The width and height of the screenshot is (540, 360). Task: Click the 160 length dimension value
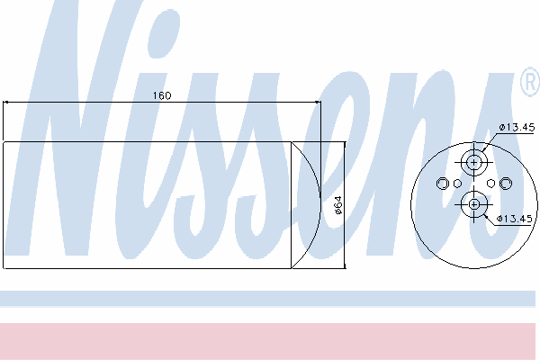click(x=162, y=95)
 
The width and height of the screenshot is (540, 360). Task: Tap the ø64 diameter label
click(x=338, y=205)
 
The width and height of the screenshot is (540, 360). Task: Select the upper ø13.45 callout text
click(x=517, y=128)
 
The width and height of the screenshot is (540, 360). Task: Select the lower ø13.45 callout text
click(x=515, y=219)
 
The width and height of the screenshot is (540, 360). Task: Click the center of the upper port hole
click(x=474, y=162)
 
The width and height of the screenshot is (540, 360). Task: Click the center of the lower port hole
click(x=474, y=204)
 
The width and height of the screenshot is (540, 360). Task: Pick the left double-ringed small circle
click(x=443, y=184)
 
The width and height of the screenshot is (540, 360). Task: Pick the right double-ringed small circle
click(x=505, y=184)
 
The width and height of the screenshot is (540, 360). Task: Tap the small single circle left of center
click(x=457, y=184)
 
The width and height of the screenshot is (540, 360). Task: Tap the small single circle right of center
click(x=490, y=184)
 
